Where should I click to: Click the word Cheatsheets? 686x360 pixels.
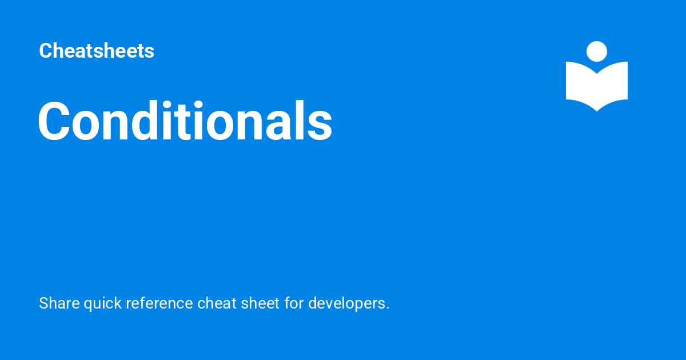pyautogui.click(x=97, y=51)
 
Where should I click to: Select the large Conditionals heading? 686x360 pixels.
pyautogui.click(x=185, y=121)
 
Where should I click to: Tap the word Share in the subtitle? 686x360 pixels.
pyautogui.click(x=59, y=303)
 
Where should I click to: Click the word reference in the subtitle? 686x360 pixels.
pyautogui.click(x=159, y=303)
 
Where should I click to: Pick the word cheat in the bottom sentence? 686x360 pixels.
pyautogui.click(x=214, y=303)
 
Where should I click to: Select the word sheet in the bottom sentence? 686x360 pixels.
pyautogui.click(x=257, y=303)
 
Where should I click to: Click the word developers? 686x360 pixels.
pyautogui.click(x=346, y=303)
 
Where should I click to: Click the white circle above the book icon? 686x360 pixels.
pyautogui.click(x=597, y=51)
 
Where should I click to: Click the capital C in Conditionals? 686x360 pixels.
pyautogui.click(x=55, y=122)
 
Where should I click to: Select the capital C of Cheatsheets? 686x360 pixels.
pyautogui.click(x=45, y=51)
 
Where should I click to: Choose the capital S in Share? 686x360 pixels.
pyautogui.click(x=43, y=303)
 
